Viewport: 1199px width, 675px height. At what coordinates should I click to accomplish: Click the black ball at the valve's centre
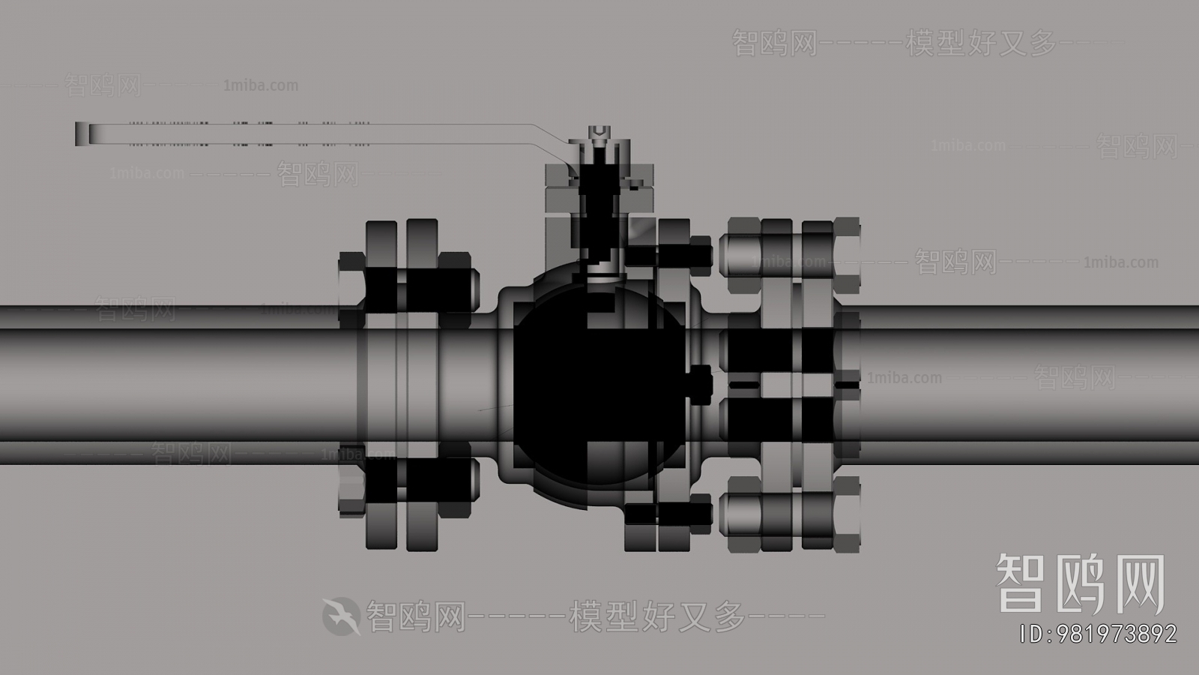pos(592,382)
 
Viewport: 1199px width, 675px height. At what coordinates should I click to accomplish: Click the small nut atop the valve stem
pos(599,136)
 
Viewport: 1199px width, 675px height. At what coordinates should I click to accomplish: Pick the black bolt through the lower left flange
pos(408,481)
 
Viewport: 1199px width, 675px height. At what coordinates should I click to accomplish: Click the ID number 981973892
pos(1098,634)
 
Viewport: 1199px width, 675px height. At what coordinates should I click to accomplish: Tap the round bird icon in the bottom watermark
pos(341,616)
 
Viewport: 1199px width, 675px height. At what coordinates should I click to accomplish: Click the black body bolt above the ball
pos(667,252)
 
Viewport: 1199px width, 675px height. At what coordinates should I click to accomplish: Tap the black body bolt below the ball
pos(667,513)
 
